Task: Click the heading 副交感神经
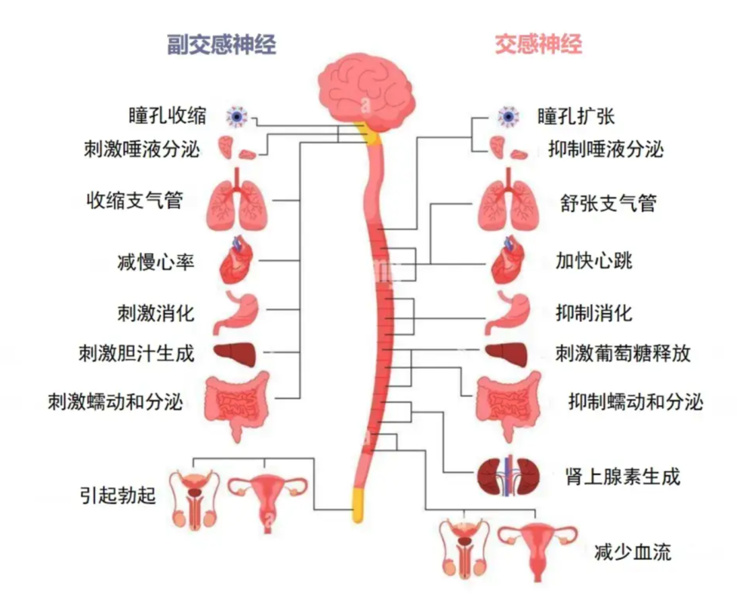221,45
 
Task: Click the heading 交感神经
538,45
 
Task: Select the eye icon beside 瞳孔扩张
508,116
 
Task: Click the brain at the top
364,87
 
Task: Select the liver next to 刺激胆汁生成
235,353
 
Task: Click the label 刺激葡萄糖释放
623,352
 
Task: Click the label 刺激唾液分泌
142,149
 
